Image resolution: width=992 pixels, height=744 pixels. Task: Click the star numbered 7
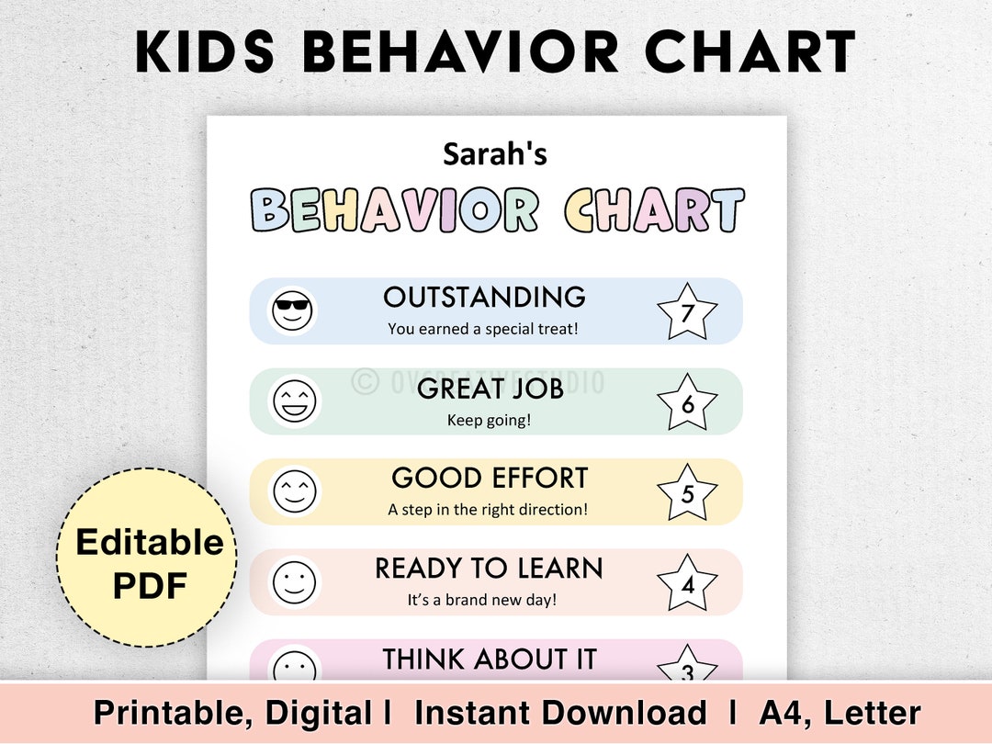688,312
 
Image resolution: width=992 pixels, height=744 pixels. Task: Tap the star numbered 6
687,402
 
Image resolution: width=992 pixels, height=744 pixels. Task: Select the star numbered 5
687,493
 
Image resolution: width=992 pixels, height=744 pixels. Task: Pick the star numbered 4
687,583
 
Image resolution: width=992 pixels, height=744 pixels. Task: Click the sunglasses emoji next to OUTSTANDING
293,310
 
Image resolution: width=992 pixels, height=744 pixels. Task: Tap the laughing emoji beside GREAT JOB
294,401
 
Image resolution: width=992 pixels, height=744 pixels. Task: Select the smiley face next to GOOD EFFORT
294,491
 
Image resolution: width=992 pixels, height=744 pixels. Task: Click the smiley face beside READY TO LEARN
294,582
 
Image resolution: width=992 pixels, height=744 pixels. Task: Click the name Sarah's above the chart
495,153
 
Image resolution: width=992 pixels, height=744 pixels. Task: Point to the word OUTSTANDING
484,297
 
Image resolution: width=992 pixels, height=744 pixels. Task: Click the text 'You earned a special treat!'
483,328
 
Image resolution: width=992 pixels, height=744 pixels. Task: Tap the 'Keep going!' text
489,420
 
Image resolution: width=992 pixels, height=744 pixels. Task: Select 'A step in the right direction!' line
488,509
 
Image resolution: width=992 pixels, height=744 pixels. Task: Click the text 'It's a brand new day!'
482,600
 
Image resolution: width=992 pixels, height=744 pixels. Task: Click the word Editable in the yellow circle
149,542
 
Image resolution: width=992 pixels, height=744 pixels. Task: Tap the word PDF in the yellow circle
148,585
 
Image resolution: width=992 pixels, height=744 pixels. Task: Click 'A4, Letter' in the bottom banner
840,713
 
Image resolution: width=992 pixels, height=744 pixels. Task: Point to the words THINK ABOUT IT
490,659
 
